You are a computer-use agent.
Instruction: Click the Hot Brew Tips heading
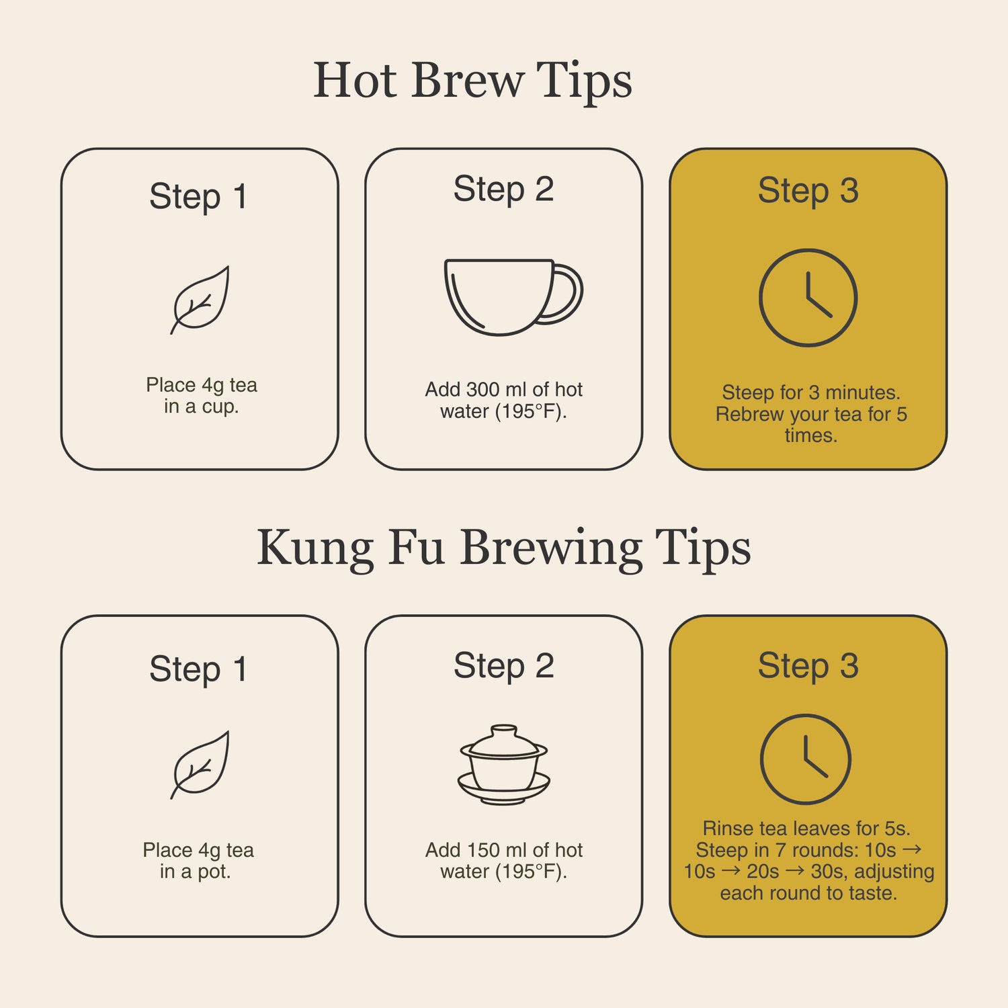tap(472, 81)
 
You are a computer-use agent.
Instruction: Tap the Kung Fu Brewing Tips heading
tap(503, 548)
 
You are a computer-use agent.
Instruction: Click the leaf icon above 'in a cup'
tap(200, 300)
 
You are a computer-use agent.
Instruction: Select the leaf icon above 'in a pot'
tap(200, 765)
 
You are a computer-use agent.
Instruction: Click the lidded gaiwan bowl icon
tap(504, 764)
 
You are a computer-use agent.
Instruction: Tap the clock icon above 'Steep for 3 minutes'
tap(808, 298)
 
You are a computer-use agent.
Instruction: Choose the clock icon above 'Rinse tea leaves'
tap(806, 759)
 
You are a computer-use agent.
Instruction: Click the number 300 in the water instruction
tap(482, 390)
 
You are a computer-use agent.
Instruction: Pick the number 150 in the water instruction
tap(482, 850)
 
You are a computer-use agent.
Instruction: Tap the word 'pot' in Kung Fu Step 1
tap(214, 872)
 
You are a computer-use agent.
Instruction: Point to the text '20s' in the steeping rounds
tap(763, 872)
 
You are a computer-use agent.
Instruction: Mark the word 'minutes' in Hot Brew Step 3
tap(862, 392)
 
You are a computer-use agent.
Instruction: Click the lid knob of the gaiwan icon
tap(504, 730)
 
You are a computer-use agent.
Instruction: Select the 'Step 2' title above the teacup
tap(503, 189)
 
